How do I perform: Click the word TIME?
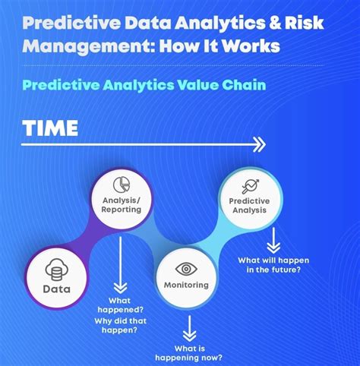[x=50, y=128]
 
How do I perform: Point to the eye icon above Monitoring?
[x=186, y=269]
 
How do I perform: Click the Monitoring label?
[x=186, y=286]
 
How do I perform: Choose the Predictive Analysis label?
[x=248, y=206]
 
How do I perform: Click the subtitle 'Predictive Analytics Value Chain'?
[x=144, y=85]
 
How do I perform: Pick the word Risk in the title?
[x=304, y=23]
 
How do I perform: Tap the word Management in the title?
[x=80, y=47]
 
